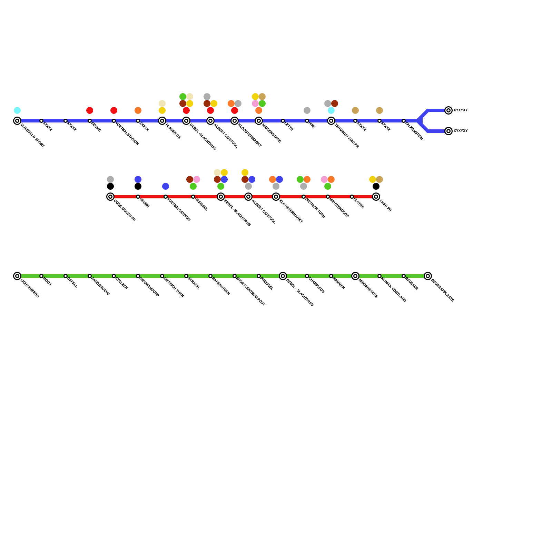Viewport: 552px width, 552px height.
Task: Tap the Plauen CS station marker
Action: (162, 121)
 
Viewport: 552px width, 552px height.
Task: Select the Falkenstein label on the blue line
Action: (414, 131)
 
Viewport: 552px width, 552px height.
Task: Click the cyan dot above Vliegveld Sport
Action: (17, 110)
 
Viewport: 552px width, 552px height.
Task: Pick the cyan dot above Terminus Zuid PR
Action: (331, 110)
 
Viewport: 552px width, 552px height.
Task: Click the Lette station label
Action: (289, 127)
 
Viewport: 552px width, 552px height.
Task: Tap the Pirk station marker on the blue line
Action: (307, 121)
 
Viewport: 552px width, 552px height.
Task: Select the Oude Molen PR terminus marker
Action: (110, 197)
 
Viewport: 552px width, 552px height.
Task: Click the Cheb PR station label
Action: (385, 206)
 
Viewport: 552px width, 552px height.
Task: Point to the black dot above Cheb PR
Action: (376, 186)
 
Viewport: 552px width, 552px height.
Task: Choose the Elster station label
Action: (358, 204)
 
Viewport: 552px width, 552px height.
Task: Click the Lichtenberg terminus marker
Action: (17, 276)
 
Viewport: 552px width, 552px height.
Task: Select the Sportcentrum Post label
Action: (250, 292)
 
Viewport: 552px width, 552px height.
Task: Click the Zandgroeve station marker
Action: (90, 276)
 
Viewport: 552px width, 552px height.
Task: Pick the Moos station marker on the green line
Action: (41, 276)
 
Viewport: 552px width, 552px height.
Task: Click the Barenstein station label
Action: (220, 286)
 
